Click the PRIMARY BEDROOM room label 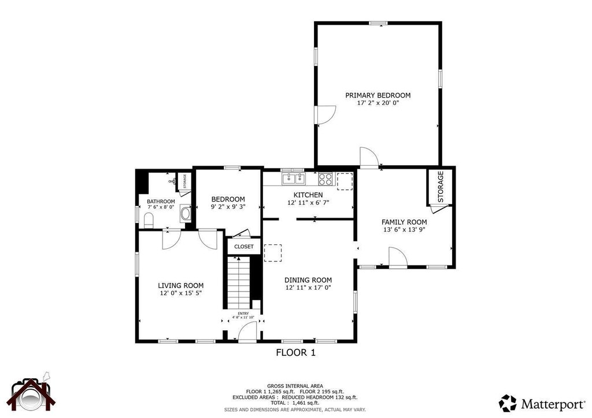click(x=378, y=95)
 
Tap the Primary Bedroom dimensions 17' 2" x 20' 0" click(x=378, y=103)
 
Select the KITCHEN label click(x=308, y=195)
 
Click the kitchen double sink click(x=293, y=178)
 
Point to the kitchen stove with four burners click(x=325, y=179)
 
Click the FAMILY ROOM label click(x=404, y=222)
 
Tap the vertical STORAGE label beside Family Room click(x=441, y=186)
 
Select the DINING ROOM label click(x=308, y=280)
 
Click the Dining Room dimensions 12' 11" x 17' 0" click(x=308, y=288)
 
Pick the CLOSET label click(x=243, y=247)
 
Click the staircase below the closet click(x=238, y=283)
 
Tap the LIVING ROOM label click(x=181, y=285)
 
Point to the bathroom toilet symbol click(x=148, y=219)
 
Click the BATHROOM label click(x=161, y=201)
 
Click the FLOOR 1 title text click(x=295, y=352)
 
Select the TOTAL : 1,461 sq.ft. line click(x=295, y=403)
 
